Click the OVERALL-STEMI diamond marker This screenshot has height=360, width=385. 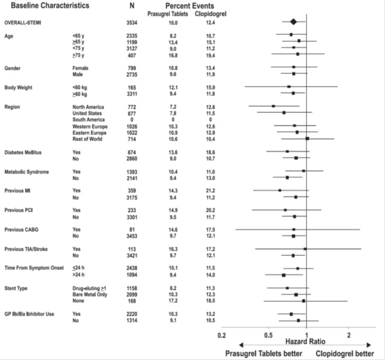pyautogui.click(x=294, y=22)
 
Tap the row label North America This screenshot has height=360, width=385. pyautogui.click(x=88, y=107)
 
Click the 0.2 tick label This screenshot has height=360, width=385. pyautogui.click(x=221, y=334)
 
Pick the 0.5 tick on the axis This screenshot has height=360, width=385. pyautogui.click(x=268, y=334)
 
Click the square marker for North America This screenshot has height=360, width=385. pyautogui.click(x=273, y=106)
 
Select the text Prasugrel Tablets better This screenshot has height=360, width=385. pyautogui.click(x=261, y=353)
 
